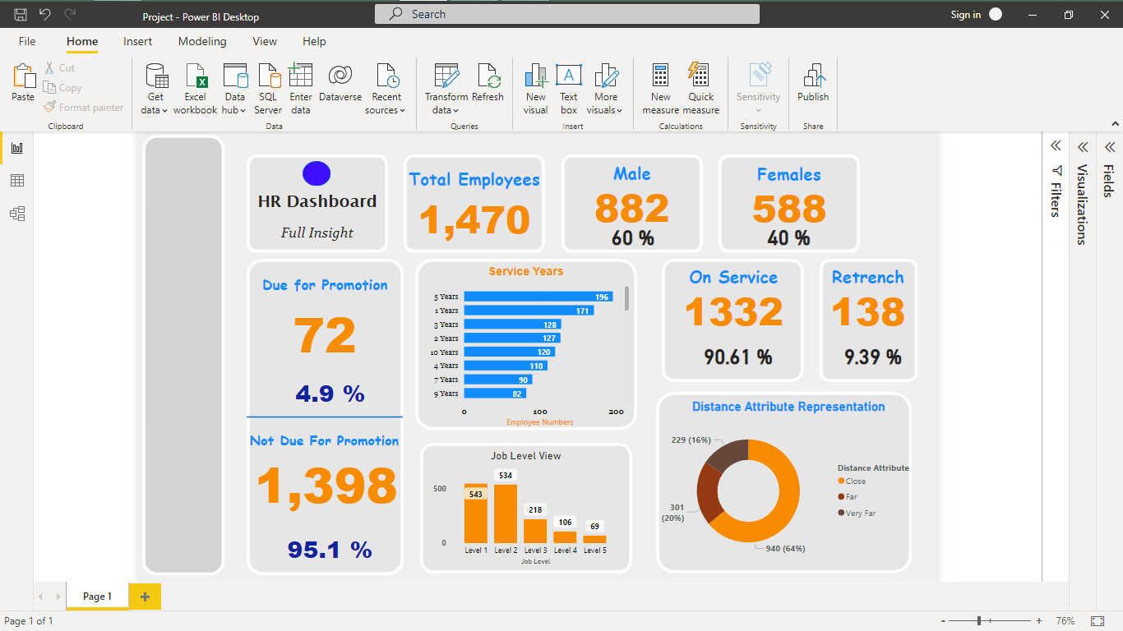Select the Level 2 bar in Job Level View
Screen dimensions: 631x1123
tap(506, 514)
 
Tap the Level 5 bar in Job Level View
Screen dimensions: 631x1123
tap(594, 539)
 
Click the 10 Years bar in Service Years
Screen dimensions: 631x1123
tap(509, 352)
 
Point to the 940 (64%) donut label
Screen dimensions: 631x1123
tap(784, 548)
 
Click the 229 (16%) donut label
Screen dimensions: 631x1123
tap(690, 440)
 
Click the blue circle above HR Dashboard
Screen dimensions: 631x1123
tap(317, 173)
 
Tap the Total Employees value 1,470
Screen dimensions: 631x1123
tap(474, 220)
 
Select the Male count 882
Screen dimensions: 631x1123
tap(631, 209)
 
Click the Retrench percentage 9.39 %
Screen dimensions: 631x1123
tap(872, 357)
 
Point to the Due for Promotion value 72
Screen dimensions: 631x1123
tap(325, 335)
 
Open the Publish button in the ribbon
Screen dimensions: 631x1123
tap(813, 85)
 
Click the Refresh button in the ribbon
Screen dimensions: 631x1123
tap(488, 85)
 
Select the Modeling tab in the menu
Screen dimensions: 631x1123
tap(202, 41)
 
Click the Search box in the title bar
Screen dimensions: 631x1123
tap(566, 14)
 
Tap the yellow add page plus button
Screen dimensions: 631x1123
tap(146, 596)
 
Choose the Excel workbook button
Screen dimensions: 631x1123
tap(195, 89)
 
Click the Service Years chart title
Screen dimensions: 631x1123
tap(526, 271)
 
